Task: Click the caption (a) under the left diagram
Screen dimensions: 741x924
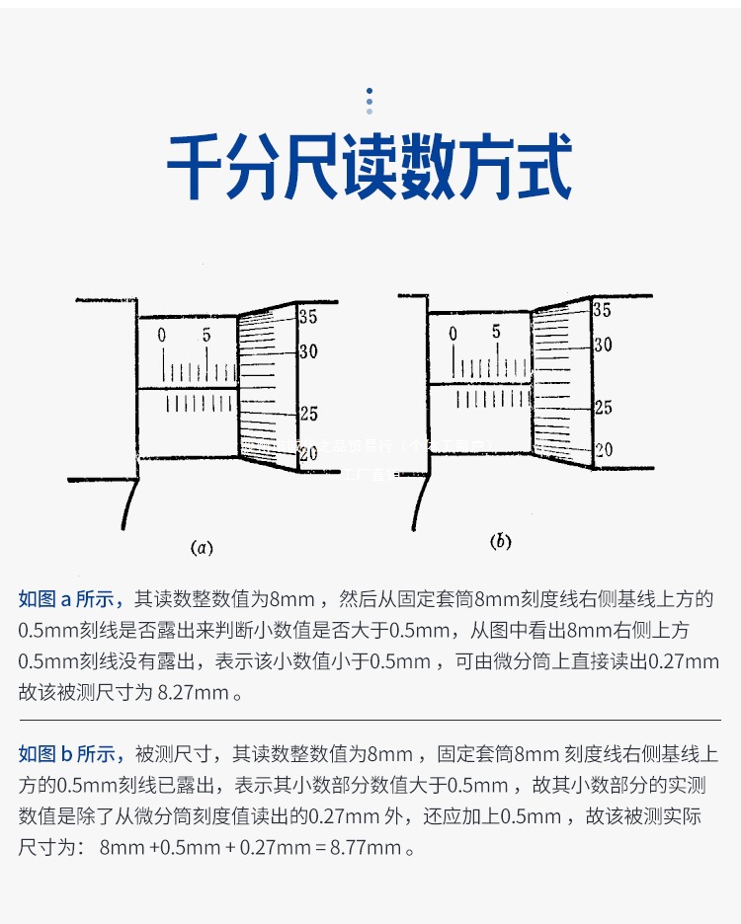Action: (203, 547)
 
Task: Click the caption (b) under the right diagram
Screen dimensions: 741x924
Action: (501, 541)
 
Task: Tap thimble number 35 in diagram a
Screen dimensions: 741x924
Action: (308, 317)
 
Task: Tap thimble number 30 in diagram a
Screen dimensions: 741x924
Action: (308, 351)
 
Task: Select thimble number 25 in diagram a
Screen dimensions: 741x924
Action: (308, 415)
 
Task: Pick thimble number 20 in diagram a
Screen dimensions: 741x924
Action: (308, 453)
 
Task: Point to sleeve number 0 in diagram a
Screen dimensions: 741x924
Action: (162, 336)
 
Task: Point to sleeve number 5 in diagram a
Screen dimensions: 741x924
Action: (206, 336)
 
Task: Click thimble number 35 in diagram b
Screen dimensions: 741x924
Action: (602, 310)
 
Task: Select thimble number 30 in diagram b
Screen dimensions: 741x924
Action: (602, 345)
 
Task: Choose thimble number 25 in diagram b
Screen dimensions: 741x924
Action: (602, 408)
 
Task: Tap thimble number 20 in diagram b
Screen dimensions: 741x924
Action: (602, 449)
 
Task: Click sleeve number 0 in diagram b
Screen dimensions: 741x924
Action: (453, 335)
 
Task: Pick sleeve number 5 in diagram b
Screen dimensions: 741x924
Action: (496, 332)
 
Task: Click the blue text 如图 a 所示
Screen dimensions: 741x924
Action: (70, 599)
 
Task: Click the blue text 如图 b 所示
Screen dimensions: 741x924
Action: (70, 755)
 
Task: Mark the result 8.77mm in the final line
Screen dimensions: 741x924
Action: (367, 848)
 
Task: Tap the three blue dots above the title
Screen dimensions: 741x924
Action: (370, 99)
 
